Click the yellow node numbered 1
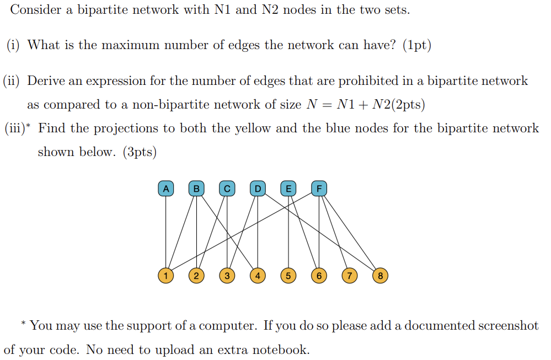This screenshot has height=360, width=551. click(x=165, y=275)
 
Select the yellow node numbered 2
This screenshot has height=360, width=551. click(x=196, y=275)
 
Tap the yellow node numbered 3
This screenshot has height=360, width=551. click(x=226, y=275)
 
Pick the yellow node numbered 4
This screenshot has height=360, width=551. click(x=257, y=275)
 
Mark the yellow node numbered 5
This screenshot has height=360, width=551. click(x=287, y=275)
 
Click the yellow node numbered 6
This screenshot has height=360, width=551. click(x=318, y=275)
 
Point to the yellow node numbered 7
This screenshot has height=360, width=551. click(x=349, y=275)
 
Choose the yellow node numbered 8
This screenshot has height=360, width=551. click(x=379, y=275)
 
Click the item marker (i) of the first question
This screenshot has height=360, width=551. click(x=14, y=45)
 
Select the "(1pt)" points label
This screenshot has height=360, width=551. click(x=416, y=45)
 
